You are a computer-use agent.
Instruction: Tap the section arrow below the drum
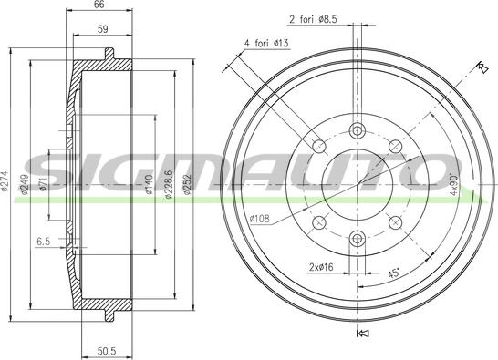360,334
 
